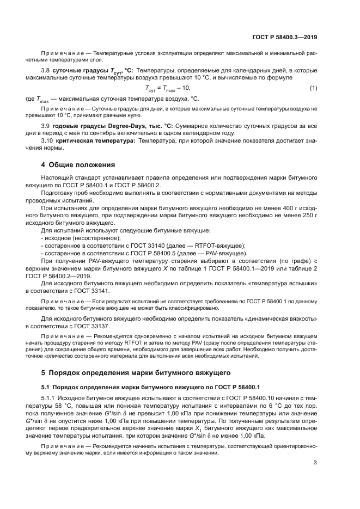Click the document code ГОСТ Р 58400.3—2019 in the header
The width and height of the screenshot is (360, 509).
(x=285, y=38)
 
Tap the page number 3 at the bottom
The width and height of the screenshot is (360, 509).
(x=315, y=463)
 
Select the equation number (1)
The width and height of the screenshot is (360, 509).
(x=313, y=88)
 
